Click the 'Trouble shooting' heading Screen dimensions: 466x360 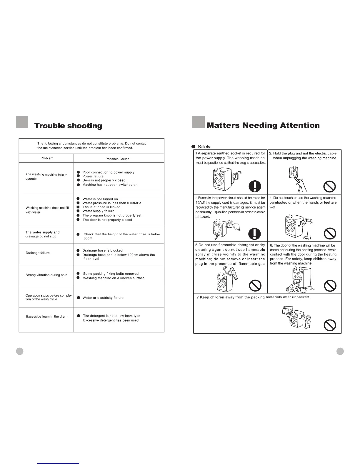[x=68, y=126]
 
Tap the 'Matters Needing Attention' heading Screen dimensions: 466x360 [x=263, y=125]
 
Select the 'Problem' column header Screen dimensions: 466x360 [x=47, y=158]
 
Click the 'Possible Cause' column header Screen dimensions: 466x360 [x=117, y=159]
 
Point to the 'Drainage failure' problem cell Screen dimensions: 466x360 [x=38, y=253]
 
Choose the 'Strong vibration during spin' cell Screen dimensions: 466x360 [x=46, y=275]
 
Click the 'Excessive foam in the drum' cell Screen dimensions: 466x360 [x=47, y=317]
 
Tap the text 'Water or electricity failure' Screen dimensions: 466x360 [x=103, y=298]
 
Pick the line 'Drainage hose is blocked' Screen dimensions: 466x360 [x=102, y=250]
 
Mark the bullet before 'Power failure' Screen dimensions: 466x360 [x=79, y=176]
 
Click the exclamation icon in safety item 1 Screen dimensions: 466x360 [x=255, y=186]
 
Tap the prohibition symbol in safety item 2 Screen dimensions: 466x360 [x=330, y=186]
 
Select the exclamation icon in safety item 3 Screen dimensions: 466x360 [x=254, y=234]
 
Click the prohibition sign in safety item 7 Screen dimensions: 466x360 [x=330, y=325]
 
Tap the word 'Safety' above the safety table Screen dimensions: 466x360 [x=204, y=147]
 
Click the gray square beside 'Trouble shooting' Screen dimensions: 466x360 [x=22, y=122]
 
